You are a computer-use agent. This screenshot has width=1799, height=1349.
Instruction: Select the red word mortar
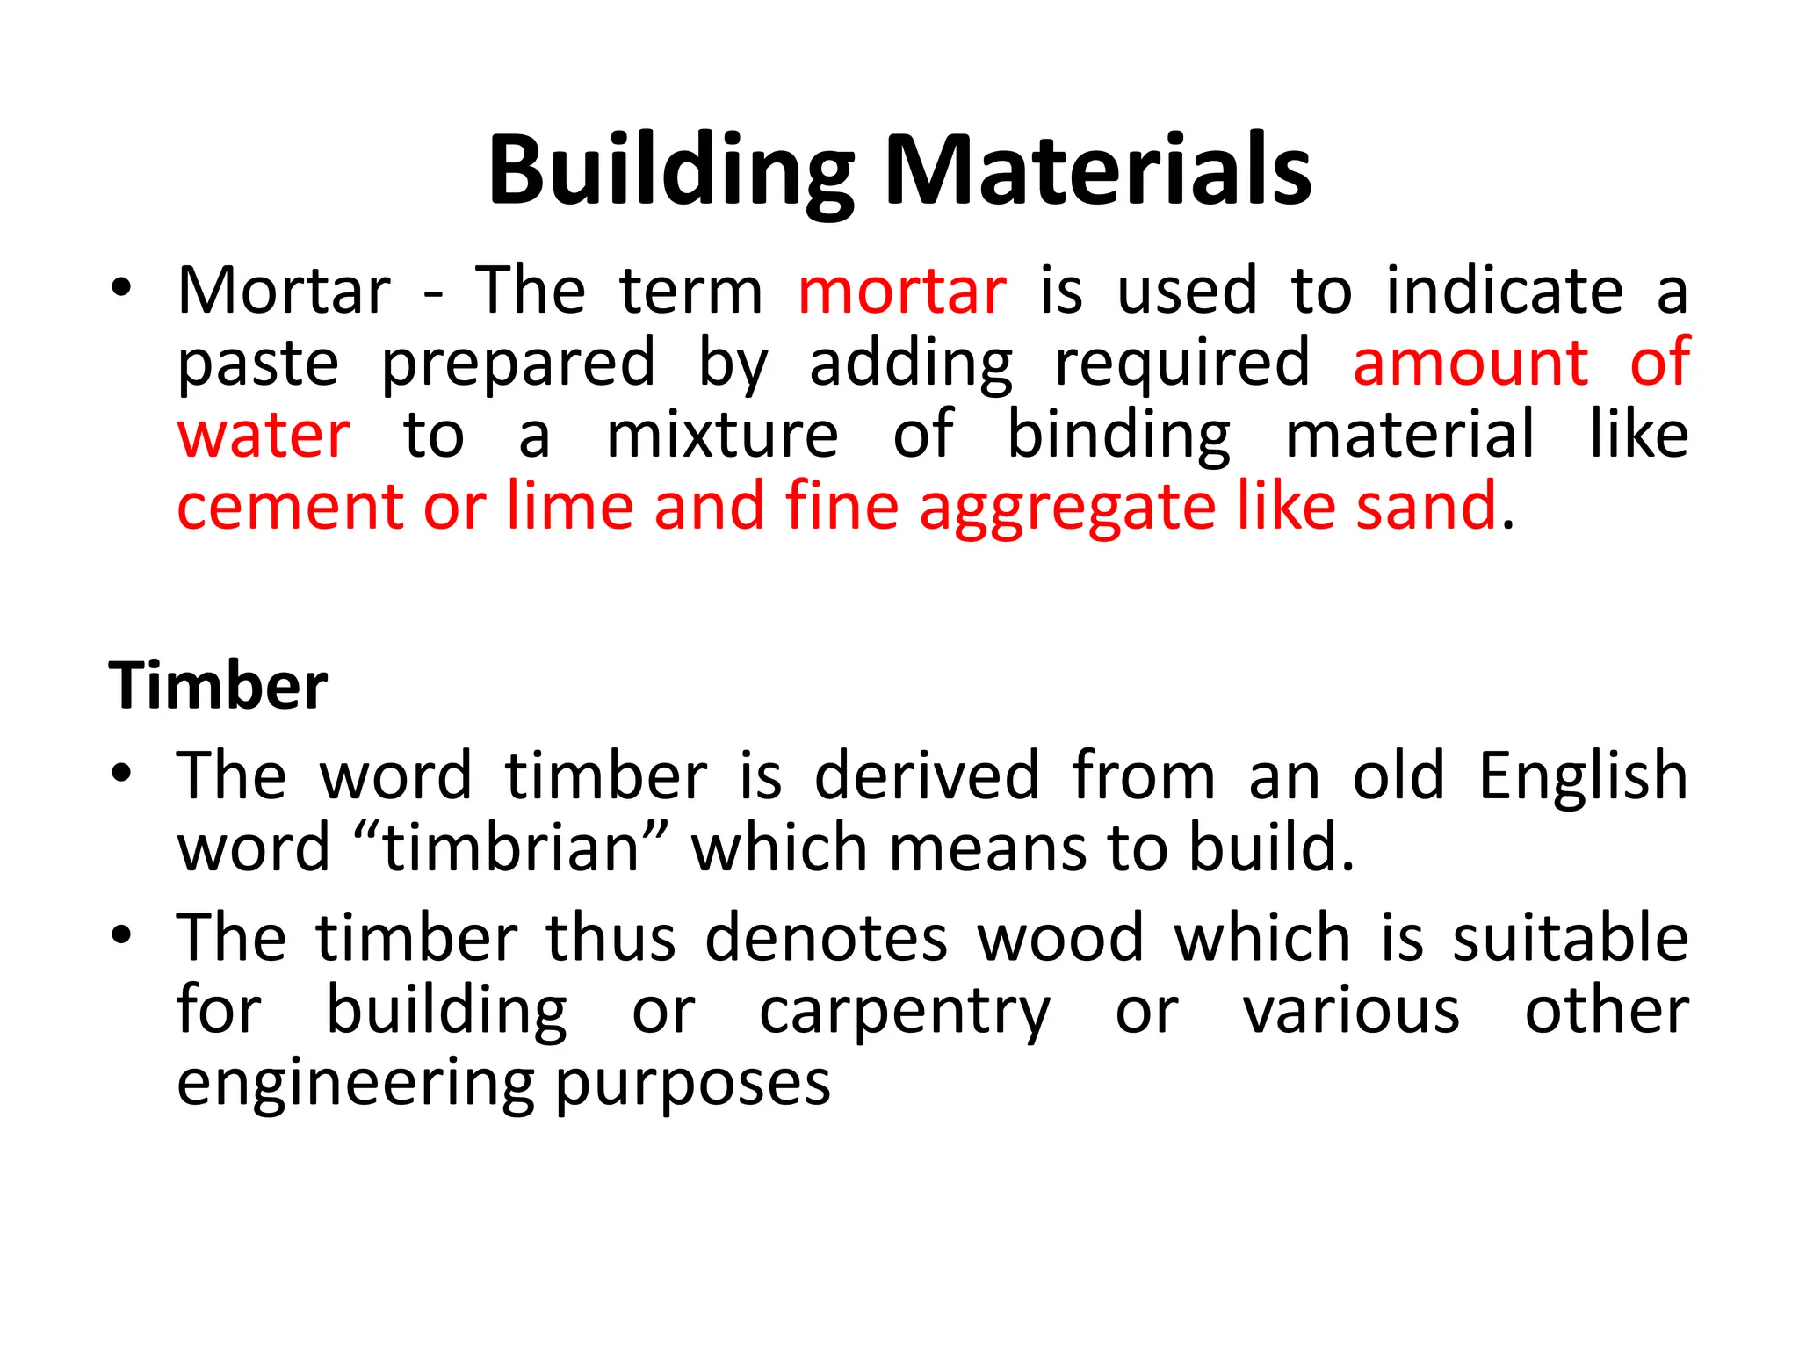pyautogui.click(x=902, y=291)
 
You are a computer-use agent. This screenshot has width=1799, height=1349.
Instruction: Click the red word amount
pyautogui.click(x=1470, y=362)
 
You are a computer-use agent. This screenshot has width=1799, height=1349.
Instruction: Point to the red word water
pyautogui.click(x=264, y=434)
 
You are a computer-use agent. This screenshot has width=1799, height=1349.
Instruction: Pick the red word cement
pyautogui.click(x=289, y=507)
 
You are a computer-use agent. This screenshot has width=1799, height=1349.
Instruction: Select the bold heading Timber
pyautogui.click(x=218, y=686)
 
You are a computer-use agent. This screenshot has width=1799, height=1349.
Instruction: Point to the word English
pyautogui.click(x=1582, y=777)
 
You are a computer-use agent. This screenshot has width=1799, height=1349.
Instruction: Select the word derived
pyautogui.click(x=928, y=775)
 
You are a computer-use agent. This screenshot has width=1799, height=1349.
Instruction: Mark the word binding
pyautogui.click(x=1118, y=436)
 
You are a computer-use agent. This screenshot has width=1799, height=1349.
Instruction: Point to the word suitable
pyautogui.click(x=1570, y=937)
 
